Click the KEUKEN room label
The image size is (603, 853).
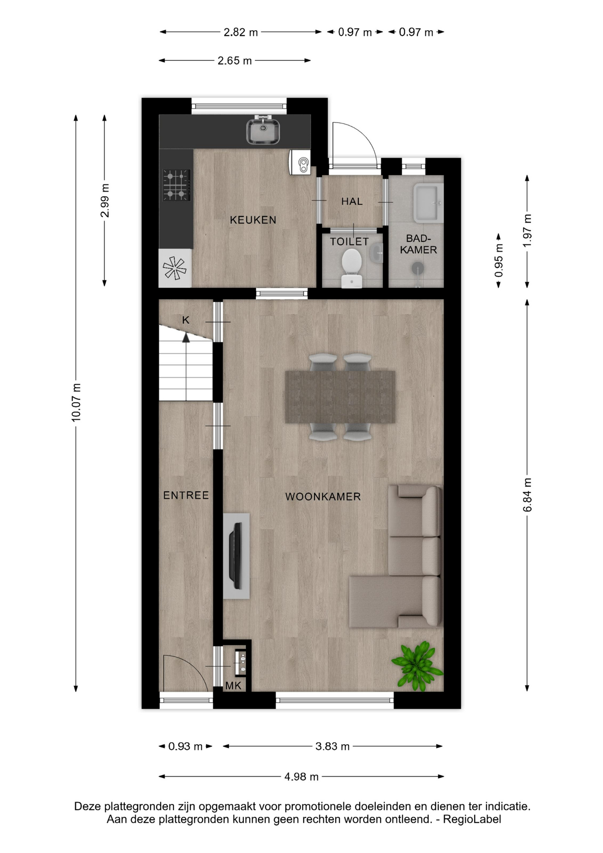pyautogui.click(x=253, y=220)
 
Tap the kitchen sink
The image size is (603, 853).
pyautogui.click(x=263, y=131)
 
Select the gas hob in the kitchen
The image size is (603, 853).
pyautogui.click(x=176, y=185)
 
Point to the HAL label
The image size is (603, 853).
pyautogui.click(x=352, y=201)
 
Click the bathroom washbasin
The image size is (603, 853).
pyautogui.click(x=428, y=203)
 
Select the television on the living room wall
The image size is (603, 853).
pyautogui.click(x=235, y=556)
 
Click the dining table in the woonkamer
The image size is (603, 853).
pyautogui.click(x=340, y=397)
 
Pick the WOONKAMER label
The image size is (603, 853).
pyautogui.click(x=323, y=497)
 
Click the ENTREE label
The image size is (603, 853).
pyautogui.click(x=186, y=495)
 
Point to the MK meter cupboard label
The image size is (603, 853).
pyautogui.click(x=233, y=686)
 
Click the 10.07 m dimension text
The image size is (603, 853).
pyautogui.click(x=76, y=403)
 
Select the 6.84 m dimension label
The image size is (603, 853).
pyautogui.click(x=527, y=495)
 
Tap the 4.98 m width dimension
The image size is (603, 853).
pyautogui.click(x=301, y=777)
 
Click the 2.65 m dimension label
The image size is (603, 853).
pyautogui.click(x=234, y=60)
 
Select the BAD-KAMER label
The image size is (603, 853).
pyautogui.click(x=418, y=244)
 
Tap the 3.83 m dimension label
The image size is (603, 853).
pyautogui.click(x=333, y=746)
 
